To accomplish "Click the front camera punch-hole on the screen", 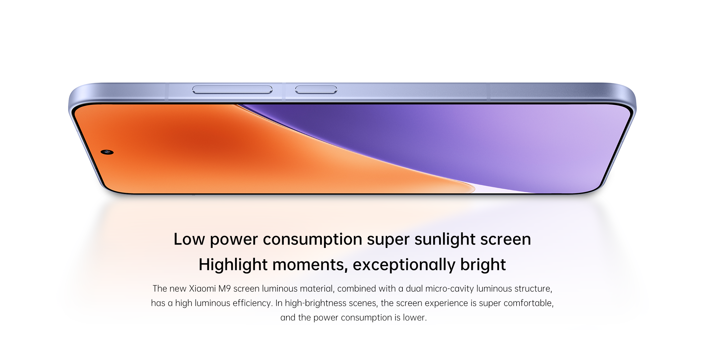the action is coord(107,152).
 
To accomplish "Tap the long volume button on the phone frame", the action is coord(232,89).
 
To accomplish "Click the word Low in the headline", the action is coord(189,239).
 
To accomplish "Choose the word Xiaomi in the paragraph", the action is coord(202,289).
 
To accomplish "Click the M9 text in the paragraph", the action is coord(225,289).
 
